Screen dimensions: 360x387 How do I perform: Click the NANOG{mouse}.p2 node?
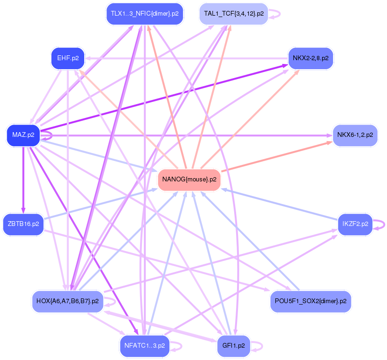189,180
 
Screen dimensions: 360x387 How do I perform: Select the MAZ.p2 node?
23,135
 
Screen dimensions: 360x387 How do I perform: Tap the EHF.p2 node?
67,58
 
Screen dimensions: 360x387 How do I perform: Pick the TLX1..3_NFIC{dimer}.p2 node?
144,14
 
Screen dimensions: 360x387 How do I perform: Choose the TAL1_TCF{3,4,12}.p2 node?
234,14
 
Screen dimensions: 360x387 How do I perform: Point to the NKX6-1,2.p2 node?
355,135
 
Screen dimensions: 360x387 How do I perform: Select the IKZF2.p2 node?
355,224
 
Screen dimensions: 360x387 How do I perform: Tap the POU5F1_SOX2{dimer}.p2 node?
310,301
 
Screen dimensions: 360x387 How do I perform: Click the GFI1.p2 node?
233,346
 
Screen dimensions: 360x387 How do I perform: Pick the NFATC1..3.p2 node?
145,346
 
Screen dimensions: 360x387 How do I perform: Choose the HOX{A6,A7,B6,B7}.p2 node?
67,301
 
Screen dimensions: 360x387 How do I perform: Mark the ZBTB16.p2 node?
23,224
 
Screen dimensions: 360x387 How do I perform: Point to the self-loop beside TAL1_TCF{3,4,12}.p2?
276,14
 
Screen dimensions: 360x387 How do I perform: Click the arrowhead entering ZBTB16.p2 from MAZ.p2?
23,211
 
